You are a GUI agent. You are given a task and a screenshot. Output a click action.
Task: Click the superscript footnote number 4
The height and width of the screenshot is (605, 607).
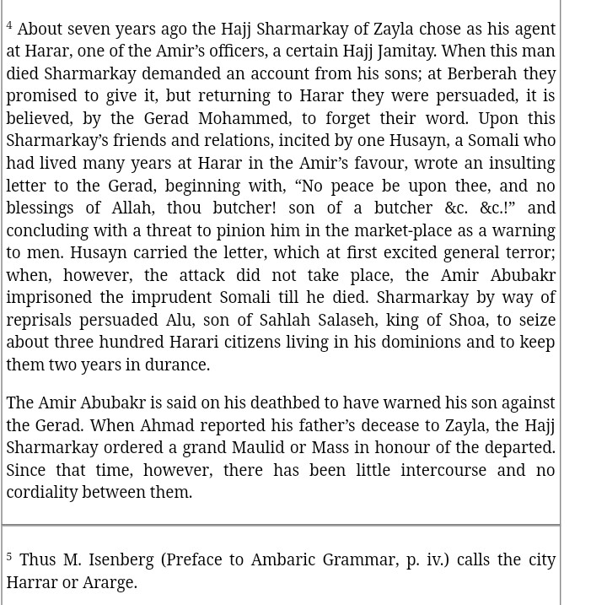click(9, 25)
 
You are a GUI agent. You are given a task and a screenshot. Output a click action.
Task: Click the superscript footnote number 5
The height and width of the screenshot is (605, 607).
click(9, 556)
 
